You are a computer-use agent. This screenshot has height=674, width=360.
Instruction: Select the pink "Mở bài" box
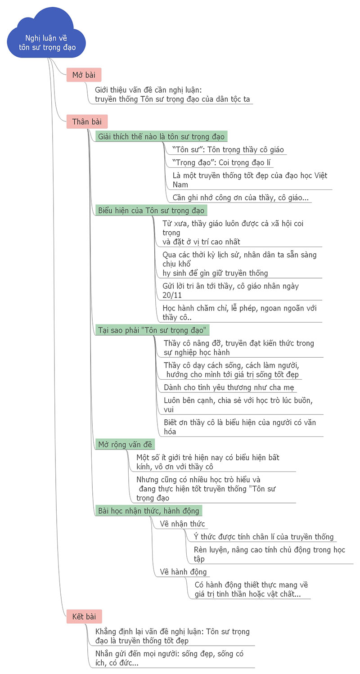(x=84, y=75)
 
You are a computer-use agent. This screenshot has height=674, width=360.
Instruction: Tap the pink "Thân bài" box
(x=87, y=121)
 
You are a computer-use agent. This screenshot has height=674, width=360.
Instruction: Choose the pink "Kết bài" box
(x=84, y=616)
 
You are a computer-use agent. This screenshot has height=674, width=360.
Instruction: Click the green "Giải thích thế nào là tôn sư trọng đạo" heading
(x=161, y=136)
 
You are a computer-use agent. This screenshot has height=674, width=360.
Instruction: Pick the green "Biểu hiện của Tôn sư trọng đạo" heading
(x=151, y=210)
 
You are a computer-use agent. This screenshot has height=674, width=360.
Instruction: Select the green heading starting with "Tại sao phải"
(x=152, y=330)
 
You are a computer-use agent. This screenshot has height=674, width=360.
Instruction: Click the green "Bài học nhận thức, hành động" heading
(x=148, y=511)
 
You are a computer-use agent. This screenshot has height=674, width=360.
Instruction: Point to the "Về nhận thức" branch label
(x=182, y=524)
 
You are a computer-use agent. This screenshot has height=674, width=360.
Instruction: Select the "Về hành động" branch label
(x=183, y=572)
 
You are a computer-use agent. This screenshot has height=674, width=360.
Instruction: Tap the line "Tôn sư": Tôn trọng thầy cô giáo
(x=228, y=149)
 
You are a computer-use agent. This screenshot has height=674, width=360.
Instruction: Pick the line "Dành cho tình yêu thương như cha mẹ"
(x=229, y=387)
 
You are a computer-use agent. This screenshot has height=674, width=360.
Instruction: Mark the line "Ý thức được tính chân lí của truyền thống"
(x=264, y=536)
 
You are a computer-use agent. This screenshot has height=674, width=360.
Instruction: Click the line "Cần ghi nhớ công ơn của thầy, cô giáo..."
(x=241, y=197)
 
